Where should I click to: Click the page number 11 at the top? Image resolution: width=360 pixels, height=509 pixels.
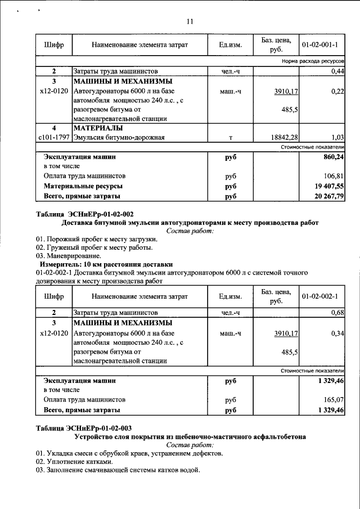[x=190, y=21]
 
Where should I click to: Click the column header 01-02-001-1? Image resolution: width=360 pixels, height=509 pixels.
[x=319, y=44]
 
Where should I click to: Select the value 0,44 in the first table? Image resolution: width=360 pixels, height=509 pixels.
[x=337, y=71]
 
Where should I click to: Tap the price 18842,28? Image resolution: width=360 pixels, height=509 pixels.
[x=284, y=137]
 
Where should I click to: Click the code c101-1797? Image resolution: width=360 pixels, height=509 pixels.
[x=53, y=137]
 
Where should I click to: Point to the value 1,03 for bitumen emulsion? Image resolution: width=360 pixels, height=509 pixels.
[x=337, y=137]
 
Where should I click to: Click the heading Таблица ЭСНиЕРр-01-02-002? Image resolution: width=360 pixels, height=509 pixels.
[x=84, y=214]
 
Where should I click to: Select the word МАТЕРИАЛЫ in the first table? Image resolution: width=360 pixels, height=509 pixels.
[x=98, y=127]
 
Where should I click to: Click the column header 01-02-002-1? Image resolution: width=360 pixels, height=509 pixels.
[x=319, y=296]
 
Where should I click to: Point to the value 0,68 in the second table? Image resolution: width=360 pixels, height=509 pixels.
[x=337, y=312]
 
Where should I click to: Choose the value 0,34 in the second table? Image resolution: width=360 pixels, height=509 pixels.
[x=337, y=334]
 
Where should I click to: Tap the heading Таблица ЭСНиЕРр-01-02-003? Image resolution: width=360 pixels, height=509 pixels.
[x=84, y=428]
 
